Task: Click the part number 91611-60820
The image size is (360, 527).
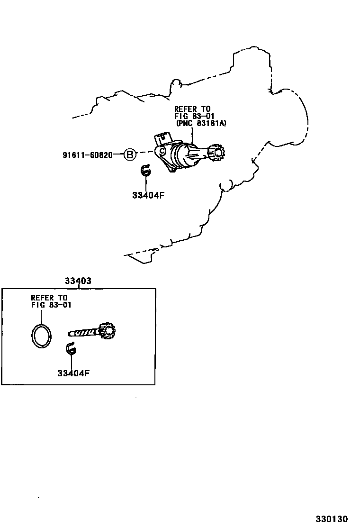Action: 88,155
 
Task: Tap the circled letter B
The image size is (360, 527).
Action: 130,154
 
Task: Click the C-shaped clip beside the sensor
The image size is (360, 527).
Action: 145,171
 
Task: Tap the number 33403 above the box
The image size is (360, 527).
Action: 78,281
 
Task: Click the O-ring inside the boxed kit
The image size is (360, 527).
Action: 41,336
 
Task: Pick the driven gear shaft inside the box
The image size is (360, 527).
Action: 85,333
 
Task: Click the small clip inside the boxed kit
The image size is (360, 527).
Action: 71,349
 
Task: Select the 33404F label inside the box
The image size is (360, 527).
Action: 73,373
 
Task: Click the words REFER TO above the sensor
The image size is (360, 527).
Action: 192,109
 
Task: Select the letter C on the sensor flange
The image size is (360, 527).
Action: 162,151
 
